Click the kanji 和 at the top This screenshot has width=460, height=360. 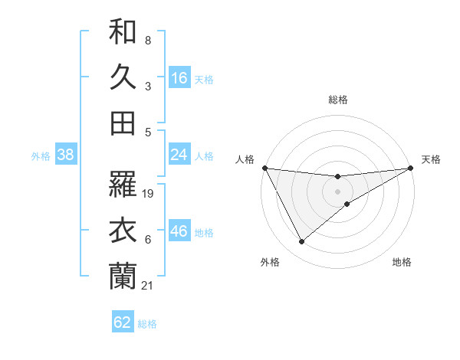coord(123,33)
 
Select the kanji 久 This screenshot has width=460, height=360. coord(123,77)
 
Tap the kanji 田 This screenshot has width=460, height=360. coord(123,123)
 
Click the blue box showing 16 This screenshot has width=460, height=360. coord(179,78)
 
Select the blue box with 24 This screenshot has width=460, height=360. coord(179,155)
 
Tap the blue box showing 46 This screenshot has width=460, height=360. coord(179,231)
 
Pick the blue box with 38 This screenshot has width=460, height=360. coord(66,155)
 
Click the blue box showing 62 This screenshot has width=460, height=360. coord(123,322)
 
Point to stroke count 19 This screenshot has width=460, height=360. coord(149,194)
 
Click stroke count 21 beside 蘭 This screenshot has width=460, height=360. coord(148,286)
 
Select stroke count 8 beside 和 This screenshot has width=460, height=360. coord(147,40)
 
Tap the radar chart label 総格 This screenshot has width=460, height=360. coord(338,100)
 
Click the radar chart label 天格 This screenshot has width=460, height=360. coord(432,159)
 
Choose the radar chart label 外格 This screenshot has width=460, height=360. coord(270,262)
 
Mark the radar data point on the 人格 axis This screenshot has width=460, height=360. coord(265,168)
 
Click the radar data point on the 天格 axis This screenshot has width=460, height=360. coord(411,168)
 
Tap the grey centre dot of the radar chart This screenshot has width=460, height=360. coord(338,191)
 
